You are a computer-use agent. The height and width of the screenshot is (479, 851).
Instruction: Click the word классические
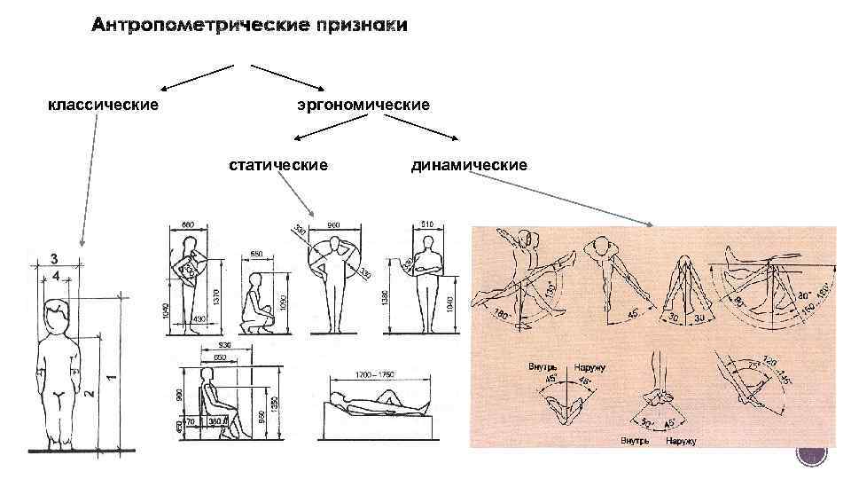coord(103,106)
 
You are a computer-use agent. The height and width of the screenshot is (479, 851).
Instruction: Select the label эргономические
coord(363,106)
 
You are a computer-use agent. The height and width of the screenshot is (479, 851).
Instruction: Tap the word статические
coord(278,165)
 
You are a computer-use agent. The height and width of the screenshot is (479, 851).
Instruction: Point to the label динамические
coord(469,165)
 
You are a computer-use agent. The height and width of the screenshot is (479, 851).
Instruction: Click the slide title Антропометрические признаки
coord(249,26)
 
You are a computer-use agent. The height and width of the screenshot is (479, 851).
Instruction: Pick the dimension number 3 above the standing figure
coord(55,258)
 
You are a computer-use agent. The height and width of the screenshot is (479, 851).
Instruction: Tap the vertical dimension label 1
coord(110,376)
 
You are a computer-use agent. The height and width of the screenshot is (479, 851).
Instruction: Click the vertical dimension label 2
coord(90,391)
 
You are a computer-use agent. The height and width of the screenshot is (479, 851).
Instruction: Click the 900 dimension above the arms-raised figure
coord(334,224)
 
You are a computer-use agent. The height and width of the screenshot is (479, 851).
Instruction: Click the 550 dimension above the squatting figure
coord(255,254)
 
